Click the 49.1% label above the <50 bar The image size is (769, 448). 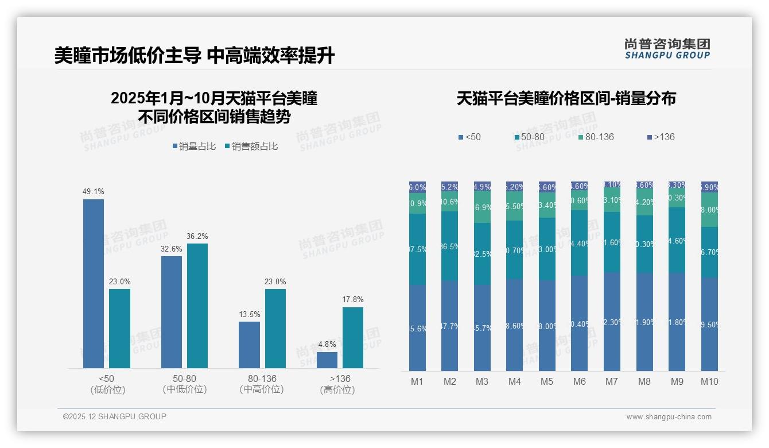coord(94,192)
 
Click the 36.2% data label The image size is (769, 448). coord(197,236)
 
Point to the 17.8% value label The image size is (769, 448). coord(353,300)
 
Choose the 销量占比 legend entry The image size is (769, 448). coord(194,146)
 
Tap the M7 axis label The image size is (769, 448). coord(612,382)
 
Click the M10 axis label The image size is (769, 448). coord(709,382)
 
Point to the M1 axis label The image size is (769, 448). coord(417,382)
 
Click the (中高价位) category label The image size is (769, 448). coord(262,389)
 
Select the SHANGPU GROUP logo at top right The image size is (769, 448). coord(667,49)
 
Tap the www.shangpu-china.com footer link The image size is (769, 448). coord(669,417)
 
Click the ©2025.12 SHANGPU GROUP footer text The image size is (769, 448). coord(115,417)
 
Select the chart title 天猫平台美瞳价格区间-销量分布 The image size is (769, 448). coord(566,99)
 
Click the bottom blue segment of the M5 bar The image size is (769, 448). coord(547,326)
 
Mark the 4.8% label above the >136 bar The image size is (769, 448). coord(327,345)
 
